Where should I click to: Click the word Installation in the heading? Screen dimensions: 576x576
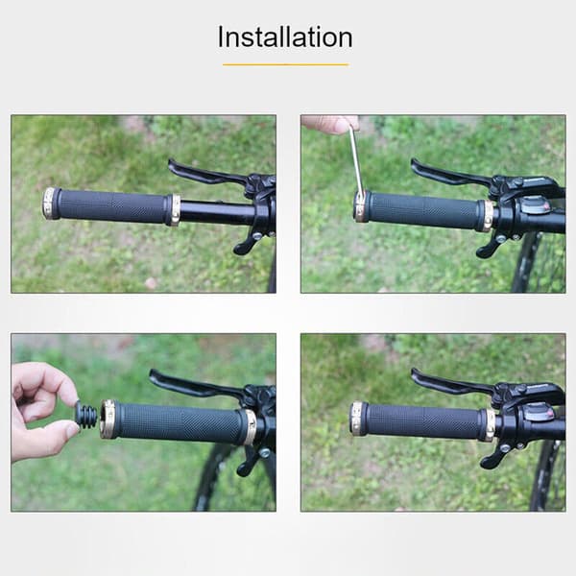click(x=285, y=37)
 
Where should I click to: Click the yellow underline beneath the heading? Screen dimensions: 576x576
click(x=285, y=64)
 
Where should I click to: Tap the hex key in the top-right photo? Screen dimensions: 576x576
click(x=356, y=161)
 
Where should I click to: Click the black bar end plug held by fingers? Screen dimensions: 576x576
click(x=86, y=414)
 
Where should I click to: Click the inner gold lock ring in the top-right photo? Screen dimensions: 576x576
click(x=487, y=216)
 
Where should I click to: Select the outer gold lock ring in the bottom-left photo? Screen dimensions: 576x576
click(x=108, y=420)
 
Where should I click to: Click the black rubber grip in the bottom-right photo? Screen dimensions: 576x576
click(x=423, y=421)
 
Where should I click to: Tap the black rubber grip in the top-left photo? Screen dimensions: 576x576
click(x=112, y=206)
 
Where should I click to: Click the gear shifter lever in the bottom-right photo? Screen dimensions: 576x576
click(x=494, y=454)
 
